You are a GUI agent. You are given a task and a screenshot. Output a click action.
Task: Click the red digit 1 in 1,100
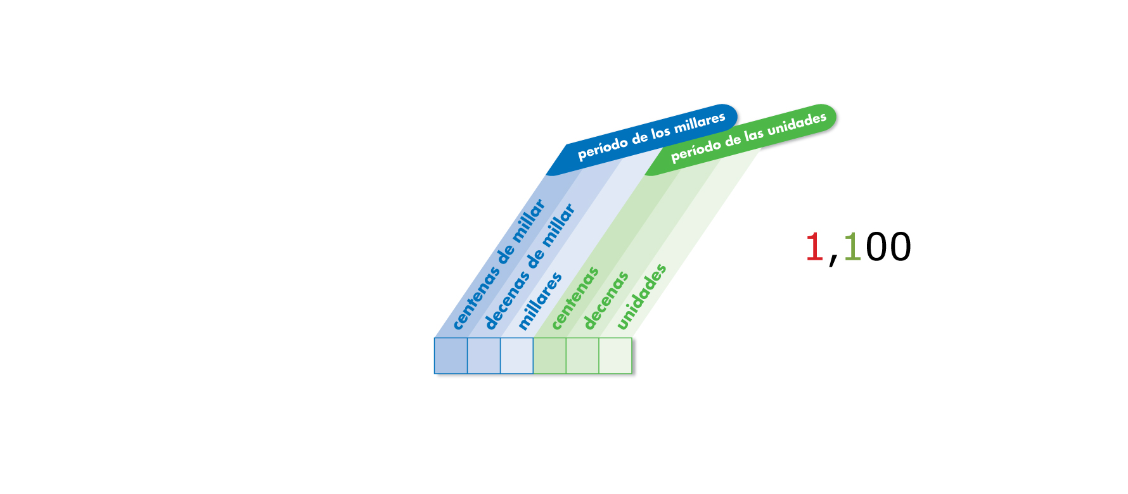pyautogui.click(x=814, y=247)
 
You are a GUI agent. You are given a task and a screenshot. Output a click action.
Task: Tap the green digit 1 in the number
pyautogui.click(x=852, y=247)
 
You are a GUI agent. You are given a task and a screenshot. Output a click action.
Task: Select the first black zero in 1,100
pyautogui.click(x=876, y=247)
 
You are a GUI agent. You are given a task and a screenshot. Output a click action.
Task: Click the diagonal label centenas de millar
pyautogui.click(x=499, y=264)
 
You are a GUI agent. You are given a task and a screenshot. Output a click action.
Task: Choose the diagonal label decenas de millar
pyautogui.click(x=530, y=267)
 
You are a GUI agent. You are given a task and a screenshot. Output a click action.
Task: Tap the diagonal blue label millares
pyautogui.click(x=540, y=301)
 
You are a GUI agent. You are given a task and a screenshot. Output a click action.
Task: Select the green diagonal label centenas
pyautogui.click(x=575, y=298)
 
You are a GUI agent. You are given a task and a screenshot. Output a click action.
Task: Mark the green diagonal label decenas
pyautogui.click(x=606, y=300)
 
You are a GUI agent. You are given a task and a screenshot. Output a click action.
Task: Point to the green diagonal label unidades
pyautogui.click(x=641, y=297)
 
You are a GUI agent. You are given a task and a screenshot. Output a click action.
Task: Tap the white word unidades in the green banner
pyautogui.click(x=797, y=125)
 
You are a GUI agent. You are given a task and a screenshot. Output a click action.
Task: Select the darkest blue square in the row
pyautogui.click(x=451, y=356)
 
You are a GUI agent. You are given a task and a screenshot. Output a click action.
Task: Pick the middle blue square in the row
pyautogui.click(x=484, y=356)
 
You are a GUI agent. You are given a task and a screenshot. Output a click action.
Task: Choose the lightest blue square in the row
pyautogui.click(x=516, y=356)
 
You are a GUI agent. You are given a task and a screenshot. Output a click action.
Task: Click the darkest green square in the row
pyautogui.click(x=549, y=356)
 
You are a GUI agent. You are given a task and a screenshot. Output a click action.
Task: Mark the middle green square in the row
pyautogui.click(x=582, y=356)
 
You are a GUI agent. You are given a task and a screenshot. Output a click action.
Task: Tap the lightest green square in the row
pyautogui.click(x=615, y=356)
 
